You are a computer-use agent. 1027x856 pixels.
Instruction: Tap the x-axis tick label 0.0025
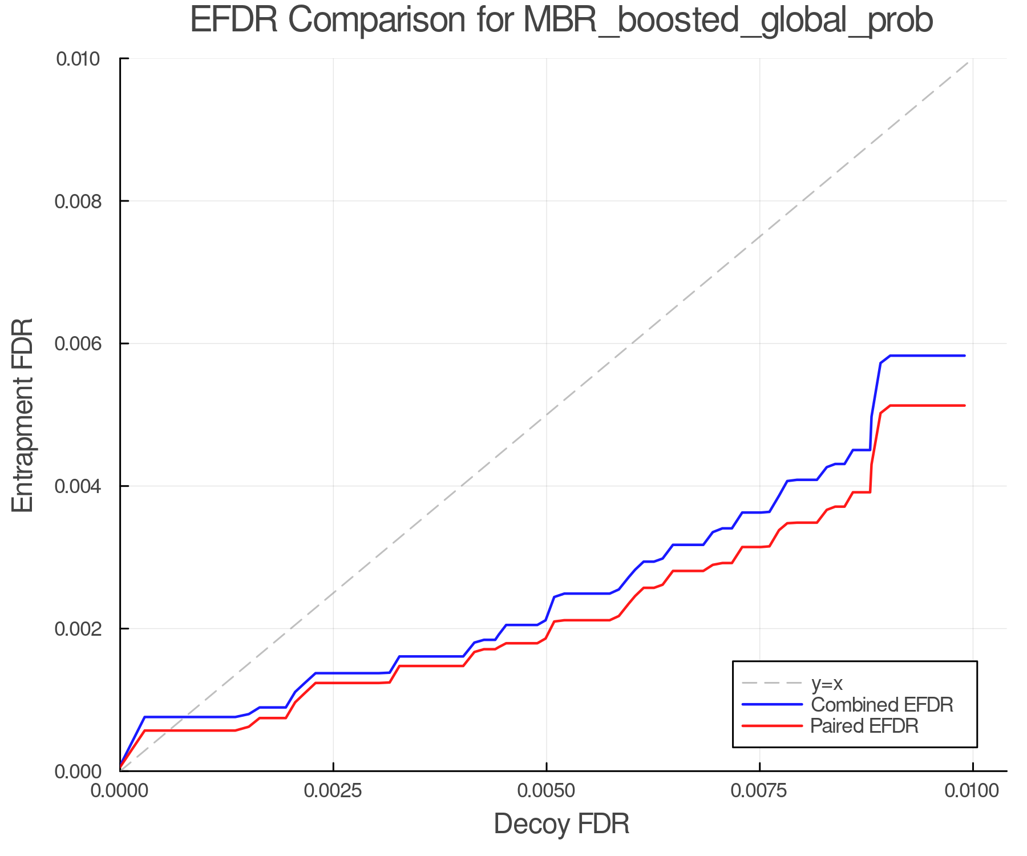pyautogui.click(x=333, y=791)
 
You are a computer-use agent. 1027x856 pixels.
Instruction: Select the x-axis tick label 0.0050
pyautogui.click(x=547, y=791)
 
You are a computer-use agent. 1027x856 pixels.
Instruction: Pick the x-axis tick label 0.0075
pyautogui.click(x=759, y=791)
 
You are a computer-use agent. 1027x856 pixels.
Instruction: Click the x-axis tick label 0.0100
pyautogui.click(x=972, y=791)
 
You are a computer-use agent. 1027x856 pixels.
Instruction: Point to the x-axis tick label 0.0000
pyautogui.click(x=120, y=791)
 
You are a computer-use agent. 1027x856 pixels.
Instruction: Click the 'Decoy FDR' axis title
pyautogui.click(x=561, y=824)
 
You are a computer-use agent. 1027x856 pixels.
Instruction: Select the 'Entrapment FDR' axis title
pyautogui.click(x=23, y=415)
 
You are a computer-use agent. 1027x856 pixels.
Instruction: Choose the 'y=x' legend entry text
pyautogui.click(x=827, y=684)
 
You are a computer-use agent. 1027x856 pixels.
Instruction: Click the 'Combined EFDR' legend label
pyautogui.click(x=882, y=705)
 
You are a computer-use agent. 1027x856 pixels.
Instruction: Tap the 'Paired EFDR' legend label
pyautogui.click(x=864, y=726)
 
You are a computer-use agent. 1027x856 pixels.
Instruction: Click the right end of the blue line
pyautogui.click(x=964, y=356)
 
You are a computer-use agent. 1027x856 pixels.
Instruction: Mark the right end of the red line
pyautogui.click(x=964, y=405)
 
